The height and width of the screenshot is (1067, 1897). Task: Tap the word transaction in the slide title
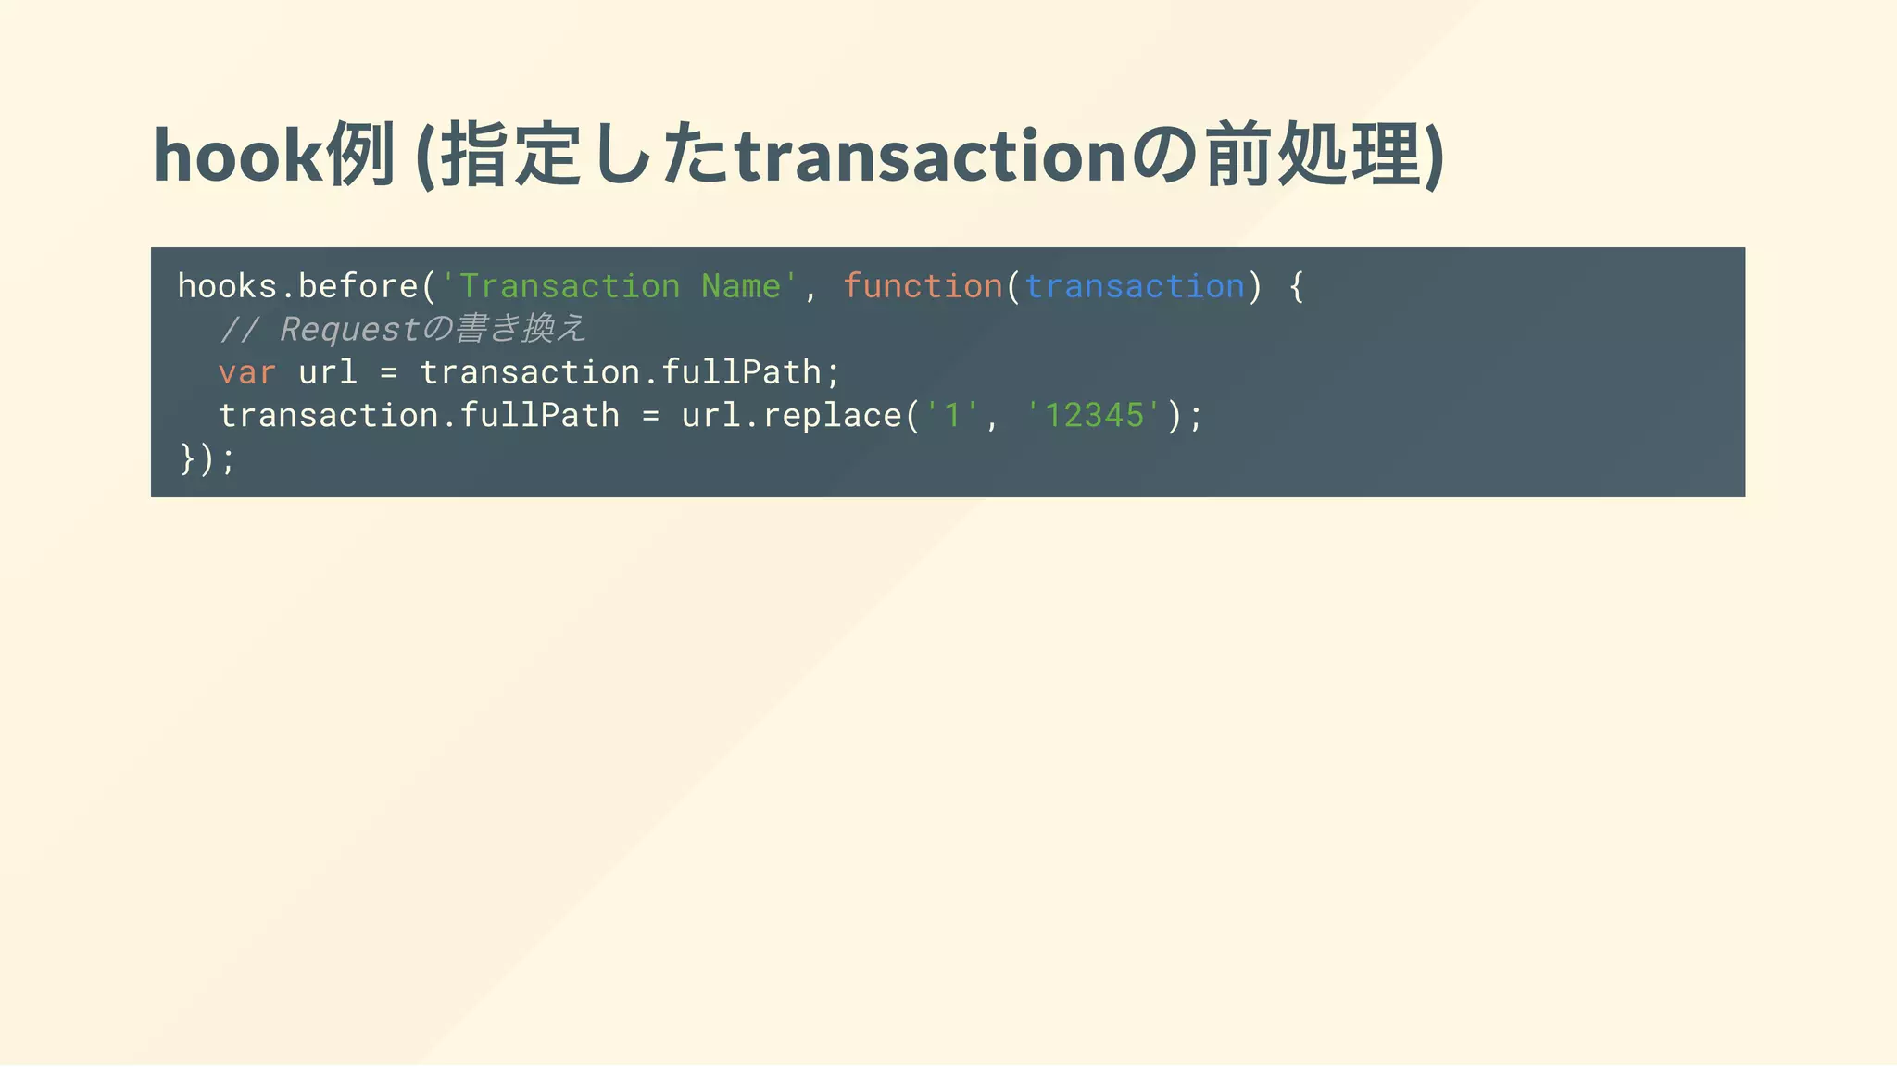pyautogui.click(x=930, y=156)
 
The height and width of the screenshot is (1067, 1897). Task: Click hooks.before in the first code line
pyautogui.click(x=297, y=286)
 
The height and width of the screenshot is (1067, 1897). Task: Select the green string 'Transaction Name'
pyautogui.click(x=620, y=286)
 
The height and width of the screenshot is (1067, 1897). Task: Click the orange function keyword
pyautogui.click(x=923, y=286)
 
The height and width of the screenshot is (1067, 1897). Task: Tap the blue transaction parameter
pyautogui.click(x=1135, y=286)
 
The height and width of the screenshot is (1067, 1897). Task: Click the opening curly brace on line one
pyautogui.click(x=1297, y=286)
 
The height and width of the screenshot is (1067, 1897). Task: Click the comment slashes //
pyautogui.click(x=239, y=330)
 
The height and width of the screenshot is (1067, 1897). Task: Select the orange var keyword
pyautogui.click(x=247, y=372)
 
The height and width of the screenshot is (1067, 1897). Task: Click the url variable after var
pyautogui.click(x=328, y=372)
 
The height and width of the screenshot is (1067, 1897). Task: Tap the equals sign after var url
pyautogui.click(x=389, y=372)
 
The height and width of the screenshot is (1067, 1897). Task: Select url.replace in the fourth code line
pyautogui.click(x=792, y=416)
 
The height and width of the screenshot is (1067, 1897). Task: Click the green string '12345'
pyautogui.click(x=1094, y=416)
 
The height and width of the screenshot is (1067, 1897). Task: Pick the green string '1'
pyautogui.click(x=952, y=416)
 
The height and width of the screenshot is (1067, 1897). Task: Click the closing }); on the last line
pyautogui.click(x=207, y=458)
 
